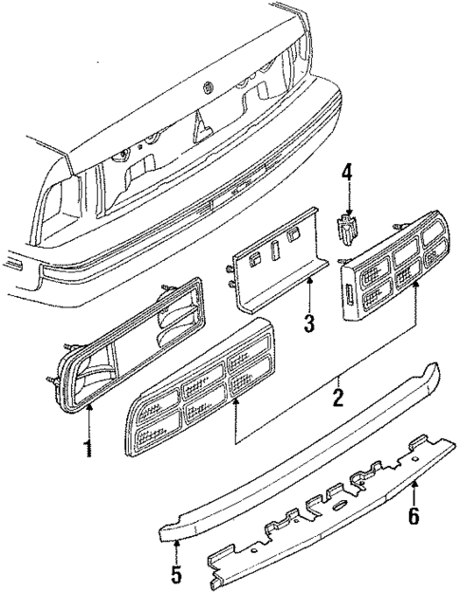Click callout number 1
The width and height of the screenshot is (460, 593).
[x=89, y=447]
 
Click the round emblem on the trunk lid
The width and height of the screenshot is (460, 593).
[x=207, y=88]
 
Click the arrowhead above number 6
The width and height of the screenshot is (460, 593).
[x=414, y=486]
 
